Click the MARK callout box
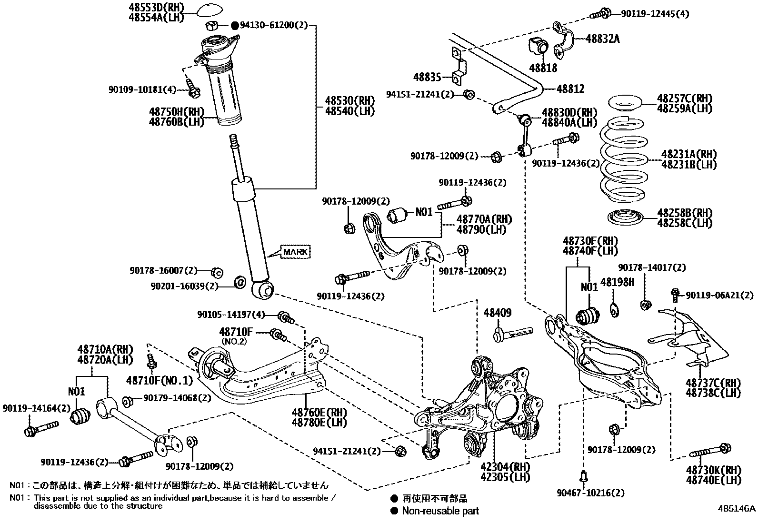296,252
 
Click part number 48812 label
570,89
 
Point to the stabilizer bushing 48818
539,46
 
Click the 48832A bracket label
602,39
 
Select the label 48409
498,313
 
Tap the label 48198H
617,283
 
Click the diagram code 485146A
737,508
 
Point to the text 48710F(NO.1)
160,380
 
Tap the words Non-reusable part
440,511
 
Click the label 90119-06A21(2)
719,296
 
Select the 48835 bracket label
427,77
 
